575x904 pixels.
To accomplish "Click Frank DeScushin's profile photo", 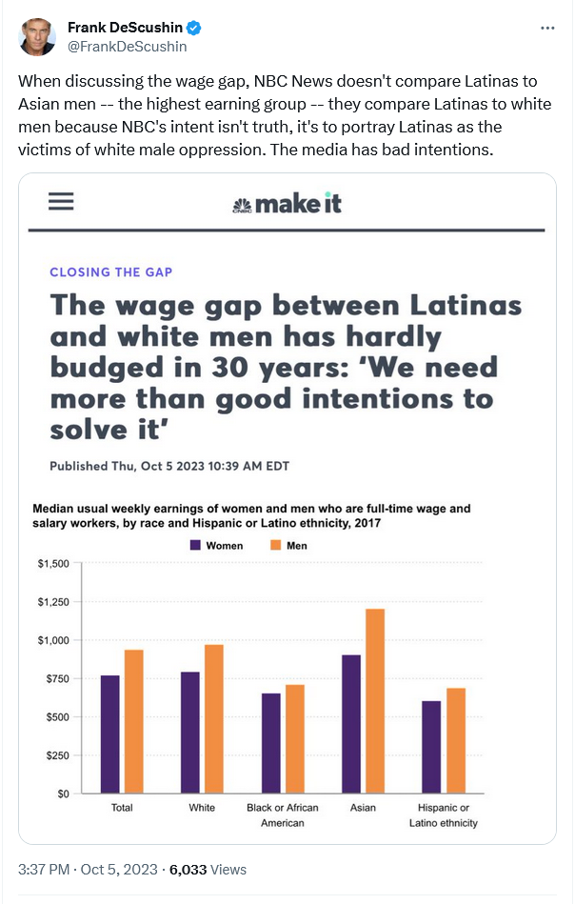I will click(x=36, y=36).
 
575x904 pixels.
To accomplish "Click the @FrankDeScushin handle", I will click(x=128, y=46).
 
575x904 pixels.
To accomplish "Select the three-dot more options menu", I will click(x=546, y=29).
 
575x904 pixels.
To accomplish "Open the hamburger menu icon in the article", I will click(x=61, y=202).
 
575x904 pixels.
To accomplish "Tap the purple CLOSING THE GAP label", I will click(x=111, y=271).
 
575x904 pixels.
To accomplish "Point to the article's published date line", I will click(x=169, y=466).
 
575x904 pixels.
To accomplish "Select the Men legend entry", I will click(x=288, y=546).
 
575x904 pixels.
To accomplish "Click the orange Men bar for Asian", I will click(x=375, y=700).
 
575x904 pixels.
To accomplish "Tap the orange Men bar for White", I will click(x=213, y=718).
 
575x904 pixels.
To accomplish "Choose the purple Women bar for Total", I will click(x=110, y=733).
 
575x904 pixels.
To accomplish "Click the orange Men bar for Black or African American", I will click(x=294, y=738).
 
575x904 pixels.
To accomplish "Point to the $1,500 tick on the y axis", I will click(x=53, y=564).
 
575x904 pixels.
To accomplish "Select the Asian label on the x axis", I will click(x=363, y=808).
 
